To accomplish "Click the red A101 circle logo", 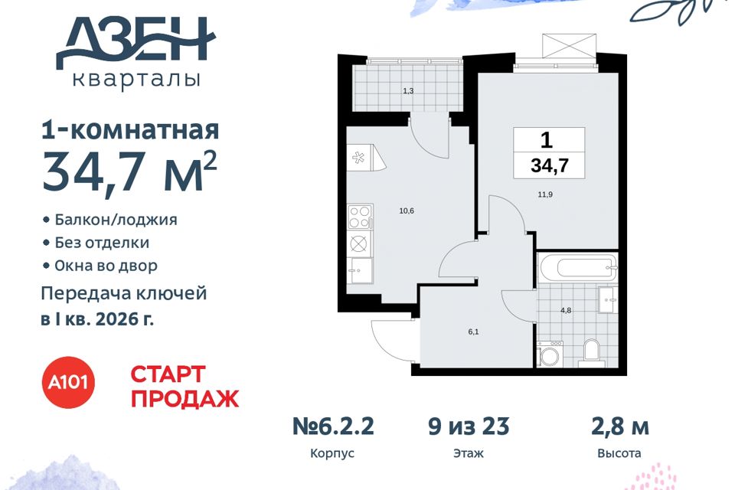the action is tap(69, 382).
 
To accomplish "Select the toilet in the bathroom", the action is tap(592, 353).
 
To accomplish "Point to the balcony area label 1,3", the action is tap(408, 91).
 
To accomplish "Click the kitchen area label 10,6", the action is tap(407, 211).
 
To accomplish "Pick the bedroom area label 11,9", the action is tap(544, 194).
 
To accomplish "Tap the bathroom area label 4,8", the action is tap(566, 310).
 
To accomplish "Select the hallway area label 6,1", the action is tap(473, 332).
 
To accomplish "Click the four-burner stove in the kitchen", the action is tap(360, 217).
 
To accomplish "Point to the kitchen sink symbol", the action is tap(360, 270).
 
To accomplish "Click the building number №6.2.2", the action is tap(333, 427).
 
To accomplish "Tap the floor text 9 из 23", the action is tap(469, 427).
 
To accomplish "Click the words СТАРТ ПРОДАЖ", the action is tap(185, 387).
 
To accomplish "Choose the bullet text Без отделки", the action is tap(102, 243).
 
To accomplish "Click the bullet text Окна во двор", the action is tap(106, 266).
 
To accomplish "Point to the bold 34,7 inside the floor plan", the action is tap(550, 165).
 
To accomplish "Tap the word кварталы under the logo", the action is tap(137, 80).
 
